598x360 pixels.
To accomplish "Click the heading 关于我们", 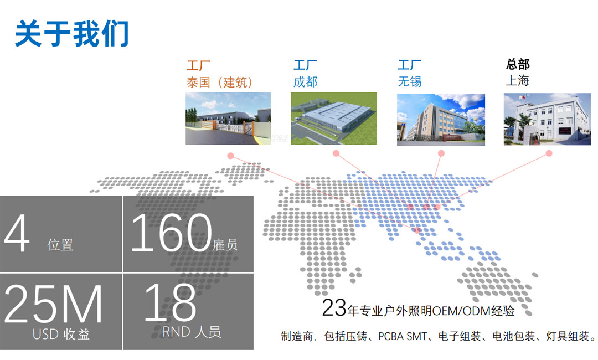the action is coord(71,34).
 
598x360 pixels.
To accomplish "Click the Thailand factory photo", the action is coord(228,118).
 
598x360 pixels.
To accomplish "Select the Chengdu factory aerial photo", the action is coord(334,118).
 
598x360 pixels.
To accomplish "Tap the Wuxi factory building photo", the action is coord(441,120).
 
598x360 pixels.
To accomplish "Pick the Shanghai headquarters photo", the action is coord(547,119).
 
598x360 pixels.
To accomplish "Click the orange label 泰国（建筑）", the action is coord(220,82).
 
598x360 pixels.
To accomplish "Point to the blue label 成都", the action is coord(305,81).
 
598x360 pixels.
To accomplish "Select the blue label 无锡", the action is coord(410,81).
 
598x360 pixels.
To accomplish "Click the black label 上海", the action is coord(518,80).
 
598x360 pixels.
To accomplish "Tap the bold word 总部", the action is coord(518,64).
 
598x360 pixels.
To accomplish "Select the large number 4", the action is coord(17,233).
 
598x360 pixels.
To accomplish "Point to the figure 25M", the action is coord(53,304).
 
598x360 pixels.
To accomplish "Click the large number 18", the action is coord(170,302).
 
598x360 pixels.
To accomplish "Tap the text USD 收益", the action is coord(61,335).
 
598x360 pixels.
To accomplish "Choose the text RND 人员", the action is coord(192,332).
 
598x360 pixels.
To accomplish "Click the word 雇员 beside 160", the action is coord(225,245).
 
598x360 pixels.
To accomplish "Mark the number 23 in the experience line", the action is coord(334,307).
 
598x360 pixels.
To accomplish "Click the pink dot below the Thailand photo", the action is coord(230,156).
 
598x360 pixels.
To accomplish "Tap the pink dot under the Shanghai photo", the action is coord(549,153).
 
